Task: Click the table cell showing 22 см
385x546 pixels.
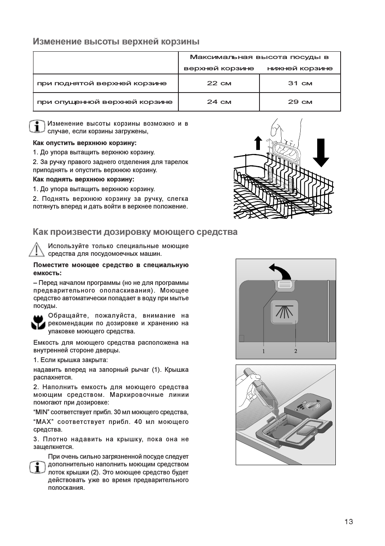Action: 219,83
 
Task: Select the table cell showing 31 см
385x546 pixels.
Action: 300,83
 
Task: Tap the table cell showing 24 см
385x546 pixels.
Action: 219,102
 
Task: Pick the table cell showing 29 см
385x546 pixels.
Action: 300,102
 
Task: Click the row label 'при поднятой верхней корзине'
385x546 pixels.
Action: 102,83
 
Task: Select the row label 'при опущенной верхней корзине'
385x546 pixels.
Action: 105,102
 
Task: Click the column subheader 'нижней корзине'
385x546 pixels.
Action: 300,68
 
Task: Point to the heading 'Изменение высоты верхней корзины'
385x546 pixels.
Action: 116,42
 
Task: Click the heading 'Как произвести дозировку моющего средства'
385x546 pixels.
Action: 135,232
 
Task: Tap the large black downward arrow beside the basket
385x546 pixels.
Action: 321,152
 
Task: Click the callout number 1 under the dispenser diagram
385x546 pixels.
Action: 264,351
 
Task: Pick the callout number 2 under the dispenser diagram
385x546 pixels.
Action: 295,351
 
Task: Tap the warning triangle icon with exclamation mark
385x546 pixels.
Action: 37,249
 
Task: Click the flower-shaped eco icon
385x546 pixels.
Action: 38,322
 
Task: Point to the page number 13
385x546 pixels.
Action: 349,521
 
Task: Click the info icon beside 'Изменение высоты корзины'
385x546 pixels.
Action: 37,126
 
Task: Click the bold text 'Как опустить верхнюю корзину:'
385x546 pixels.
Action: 85,143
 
